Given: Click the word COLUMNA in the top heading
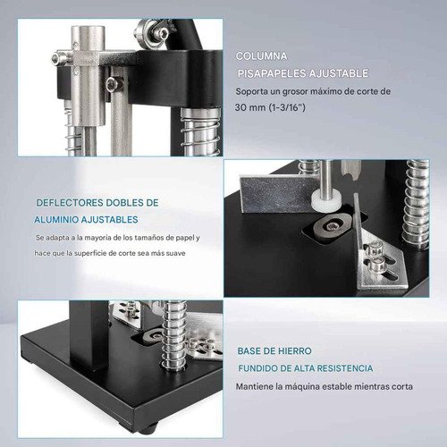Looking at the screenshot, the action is tap(261, 56).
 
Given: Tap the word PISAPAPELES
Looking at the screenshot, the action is tap(272, 73).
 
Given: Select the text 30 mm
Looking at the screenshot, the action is tap(249, 107).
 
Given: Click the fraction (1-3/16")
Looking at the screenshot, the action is tap(287, 107).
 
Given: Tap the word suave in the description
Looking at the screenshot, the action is tap(176, 253).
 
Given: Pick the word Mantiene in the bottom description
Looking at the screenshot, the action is tap(255, 387).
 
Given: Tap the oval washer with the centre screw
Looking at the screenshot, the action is tap(332, 228).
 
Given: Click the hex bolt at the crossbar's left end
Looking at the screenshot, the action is tap(59, 58).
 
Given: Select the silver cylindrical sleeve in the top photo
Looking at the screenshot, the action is tap(89, 76).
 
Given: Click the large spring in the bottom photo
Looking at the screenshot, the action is tap(173, 333).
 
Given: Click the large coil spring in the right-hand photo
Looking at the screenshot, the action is tap(416, 204).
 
